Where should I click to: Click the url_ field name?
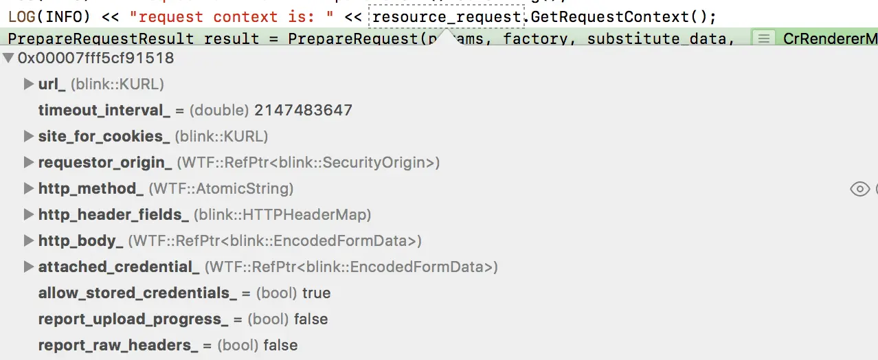point(52,85)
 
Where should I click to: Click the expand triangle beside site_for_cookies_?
point(29,137)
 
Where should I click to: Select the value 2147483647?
point(303,111)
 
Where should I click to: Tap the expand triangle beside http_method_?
point(29,189)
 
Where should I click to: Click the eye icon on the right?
point(859,189)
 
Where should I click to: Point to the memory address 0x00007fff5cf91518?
point(95,58)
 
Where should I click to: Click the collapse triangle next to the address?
point(9,58)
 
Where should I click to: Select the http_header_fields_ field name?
point(113,215)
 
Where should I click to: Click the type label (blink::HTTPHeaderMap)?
point(282,215)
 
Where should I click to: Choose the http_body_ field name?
point(80,241)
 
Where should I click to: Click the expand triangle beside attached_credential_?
point(29,267)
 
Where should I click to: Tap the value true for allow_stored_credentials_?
point(317,293)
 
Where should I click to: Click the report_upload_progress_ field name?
point(133,319)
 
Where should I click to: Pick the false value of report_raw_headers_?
point(280,346)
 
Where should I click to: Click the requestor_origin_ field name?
point(105,163)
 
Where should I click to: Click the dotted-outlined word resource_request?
point(447,16)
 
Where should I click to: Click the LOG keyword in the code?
point(22,16)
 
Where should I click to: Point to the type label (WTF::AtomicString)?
point(221,189)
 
